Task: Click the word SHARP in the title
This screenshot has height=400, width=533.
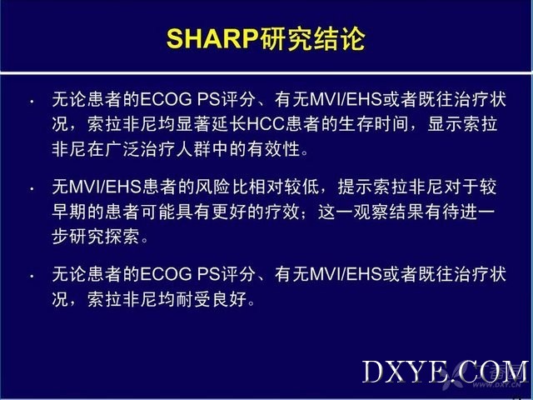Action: point(213,38)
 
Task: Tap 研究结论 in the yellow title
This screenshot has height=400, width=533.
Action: point(313,38)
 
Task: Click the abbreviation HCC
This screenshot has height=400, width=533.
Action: point(266,124)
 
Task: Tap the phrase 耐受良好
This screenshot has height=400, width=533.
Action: point(212,299)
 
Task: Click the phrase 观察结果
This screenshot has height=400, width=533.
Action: point(389,212)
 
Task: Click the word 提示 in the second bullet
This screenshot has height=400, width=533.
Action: point(355,187)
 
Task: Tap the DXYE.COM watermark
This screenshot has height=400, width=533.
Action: point(446,372)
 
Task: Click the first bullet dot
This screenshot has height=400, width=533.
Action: point(32,102)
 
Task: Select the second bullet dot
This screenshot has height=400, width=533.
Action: point(32,189)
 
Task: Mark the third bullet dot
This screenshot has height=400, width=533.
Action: point(32,276)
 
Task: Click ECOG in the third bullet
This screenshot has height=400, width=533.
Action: point(166,274)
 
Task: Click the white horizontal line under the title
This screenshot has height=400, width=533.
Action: point(266,73)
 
